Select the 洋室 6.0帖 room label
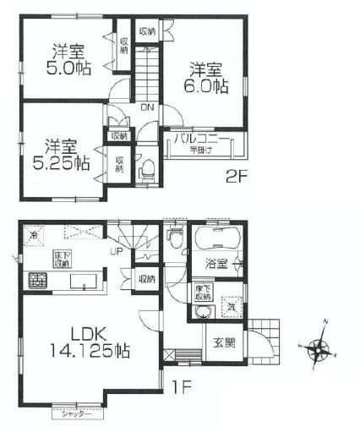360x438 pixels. [x=206, y=77]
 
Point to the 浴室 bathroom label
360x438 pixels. [x=216, y=264]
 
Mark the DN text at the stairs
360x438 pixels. [x=146, y=107]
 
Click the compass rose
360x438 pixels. [x=318, y=348]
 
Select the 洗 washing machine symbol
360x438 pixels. [x=231, y=309]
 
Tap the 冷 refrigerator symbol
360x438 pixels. [x=33, y=234]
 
